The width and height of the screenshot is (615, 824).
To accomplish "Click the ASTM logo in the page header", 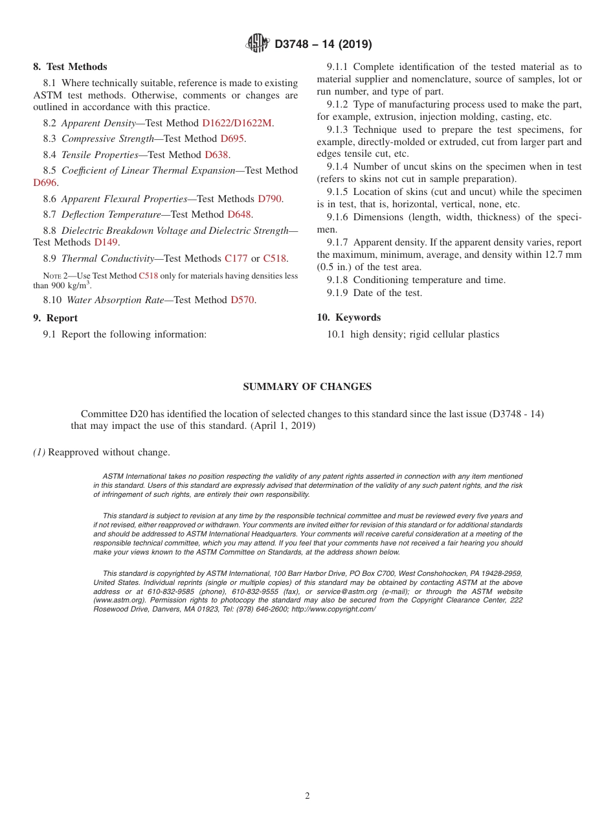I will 258,43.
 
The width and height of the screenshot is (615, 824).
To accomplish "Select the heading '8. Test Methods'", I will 70,67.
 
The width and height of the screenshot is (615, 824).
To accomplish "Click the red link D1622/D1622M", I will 236,122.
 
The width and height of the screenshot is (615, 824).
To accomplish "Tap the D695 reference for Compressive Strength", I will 232,139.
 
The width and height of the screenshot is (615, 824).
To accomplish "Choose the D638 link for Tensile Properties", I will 217,155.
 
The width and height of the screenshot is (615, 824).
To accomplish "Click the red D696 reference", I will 45,183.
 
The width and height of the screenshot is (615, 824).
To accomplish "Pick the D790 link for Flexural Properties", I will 269,199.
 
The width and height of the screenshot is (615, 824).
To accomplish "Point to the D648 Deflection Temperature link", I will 240,214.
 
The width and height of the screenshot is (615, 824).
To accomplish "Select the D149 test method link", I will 106,242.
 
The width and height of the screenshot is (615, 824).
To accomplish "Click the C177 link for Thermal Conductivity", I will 236,258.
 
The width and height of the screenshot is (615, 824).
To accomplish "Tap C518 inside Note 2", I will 148,275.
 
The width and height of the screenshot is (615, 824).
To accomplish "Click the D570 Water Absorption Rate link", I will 243,300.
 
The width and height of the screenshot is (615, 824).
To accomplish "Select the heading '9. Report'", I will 55,318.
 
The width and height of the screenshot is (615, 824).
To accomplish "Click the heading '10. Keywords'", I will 348,317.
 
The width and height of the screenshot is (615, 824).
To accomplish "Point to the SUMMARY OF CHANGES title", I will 307,387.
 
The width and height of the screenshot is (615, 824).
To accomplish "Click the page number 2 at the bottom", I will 307,796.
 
